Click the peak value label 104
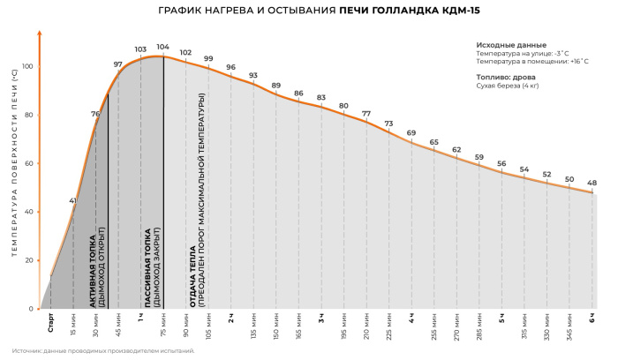pyautogui.click(x=162, y=47)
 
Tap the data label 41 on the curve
pyautogui.click(x=72, y=200)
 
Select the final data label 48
pyautogui.click(x=592, y=183)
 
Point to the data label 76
pyautogui.click(x=95, y=114)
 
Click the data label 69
pyautogui.click(x=411, y=132)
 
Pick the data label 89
pyautogui.click(x=275, y=86)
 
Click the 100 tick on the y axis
pyautogui.click(x=27, y=67)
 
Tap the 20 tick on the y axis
pyautogui.click(x=28, y=260)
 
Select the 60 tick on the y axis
pyautogui.click(x=28, y=163)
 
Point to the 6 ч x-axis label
pyautogui.click(x=592, y=317)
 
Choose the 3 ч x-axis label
pyautogui.click(x=321, y=317)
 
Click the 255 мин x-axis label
pyautogui.click(x=434, y=325)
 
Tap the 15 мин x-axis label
pyautogui.click(x=73, y=324)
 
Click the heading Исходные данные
pyautogui.click(x=511, y=45)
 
